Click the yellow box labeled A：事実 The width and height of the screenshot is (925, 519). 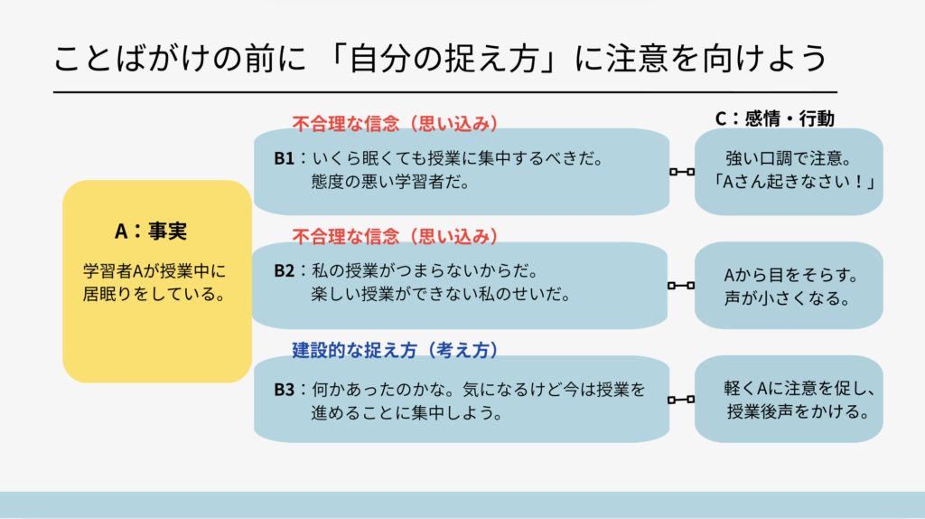156,281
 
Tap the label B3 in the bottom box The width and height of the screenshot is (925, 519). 285,392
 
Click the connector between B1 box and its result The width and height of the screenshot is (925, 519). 681,172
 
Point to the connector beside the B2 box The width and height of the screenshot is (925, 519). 681,286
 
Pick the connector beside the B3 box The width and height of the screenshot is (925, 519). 681,400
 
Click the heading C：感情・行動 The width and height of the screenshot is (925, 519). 774,118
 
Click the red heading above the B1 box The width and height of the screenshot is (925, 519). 396,123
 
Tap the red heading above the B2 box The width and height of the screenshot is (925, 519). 396,237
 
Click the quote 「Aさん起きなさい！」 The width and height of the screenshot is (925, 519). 789,181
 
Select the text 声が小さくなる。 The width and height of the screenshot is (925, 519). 789,298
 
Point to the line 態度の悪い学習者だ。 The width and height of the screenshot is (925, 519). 389,182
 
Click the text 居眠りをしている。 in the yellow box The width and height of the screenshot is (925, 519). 153,294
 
